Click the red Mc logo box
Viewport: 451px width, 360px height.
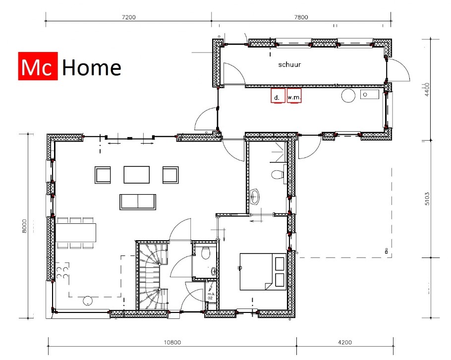(39, 66)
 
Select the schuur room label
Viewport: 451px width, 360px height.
(289, 64)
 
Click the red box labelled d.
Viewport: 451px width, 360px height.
(278, 96)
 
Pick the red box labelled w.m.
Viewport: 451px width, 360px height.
(294, 96)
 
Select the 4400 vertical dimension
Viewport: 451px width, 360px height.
(428, 91)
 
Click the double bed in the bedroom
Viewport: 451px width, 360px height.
(263, 271)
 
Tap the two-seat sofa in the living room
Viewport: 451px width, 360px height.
(137, 202)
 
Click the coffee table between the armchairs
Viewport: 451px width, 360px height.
(136, 174)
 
